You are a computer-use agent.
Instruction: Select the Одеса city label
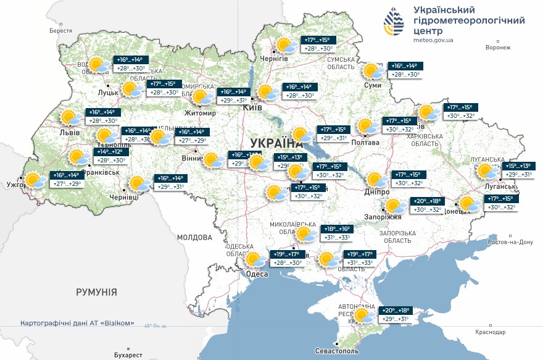pos(256,274)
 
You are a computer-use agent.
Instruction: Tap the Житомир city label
pos(201,114)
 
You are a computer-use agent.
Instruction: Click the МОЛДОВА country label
pos(194,237)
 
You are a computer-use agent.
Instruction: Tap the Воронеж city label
pos(499,48)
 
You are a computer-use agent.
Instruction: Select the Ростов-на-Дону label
pos(510,242)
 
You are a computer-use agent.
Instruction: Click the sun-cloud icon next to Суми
pos(373,71)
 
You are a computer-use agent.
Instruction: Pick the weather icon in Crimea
pos(363,316)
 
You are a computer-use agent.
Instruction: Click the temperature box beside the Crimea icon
pos(395,315)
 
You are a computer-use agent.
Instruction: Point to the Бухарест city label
pos(128,355)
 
